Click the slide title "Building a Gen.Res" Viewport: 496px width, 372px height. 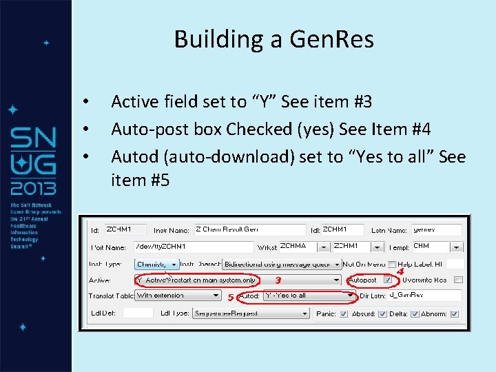(x=273, y=39)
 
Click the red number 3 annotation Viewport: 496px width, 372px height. (x=278, y=280)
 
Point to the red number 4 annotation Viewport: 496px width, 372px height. (x=400, y=271)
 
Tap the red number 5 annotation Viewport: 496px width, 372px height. (x=231, y=298)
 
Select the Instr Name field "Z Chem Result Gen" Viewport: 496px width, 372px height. (x=249, y=230)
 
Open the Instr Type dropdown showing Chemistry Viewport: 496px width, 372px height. (x=156, y=264)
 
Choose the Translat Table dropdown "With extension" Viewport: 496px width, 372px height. (x=177, y=296)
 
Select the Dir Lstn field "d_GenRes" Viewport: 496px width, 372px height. (x=424, y=296)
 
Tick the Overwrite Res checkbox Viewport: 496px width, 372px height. (x=458, y=280)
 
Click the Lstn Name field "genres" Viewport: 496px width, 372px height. (x=435, y=230)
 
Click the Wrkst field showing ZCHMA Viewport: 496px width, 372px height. (x=302, y=247)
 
